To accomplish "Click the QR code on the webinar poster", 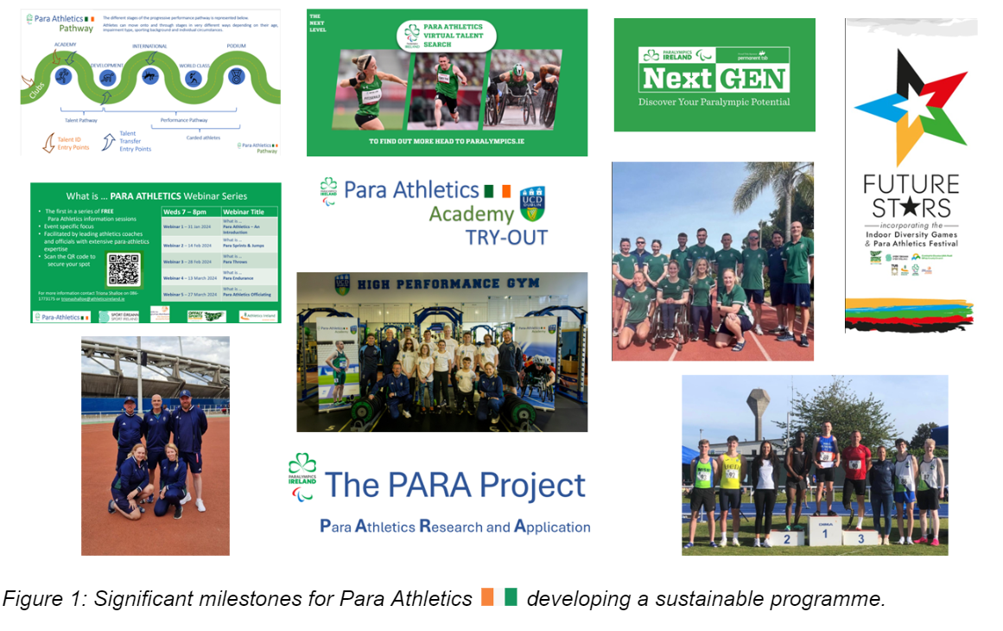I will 124,270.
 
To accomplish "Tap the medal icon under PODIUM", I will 236,75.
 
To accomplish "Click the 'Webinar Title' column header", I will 249,211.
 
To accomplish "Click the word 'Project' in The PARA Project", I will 525,486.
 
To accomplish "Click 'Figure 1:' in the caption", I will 38,599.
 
